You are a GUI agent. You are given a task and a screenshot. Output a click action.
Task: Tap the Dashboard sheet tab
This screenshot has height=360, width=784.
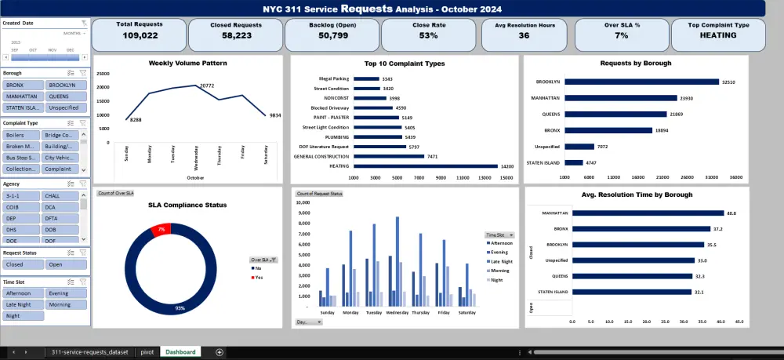(x=180, y=352)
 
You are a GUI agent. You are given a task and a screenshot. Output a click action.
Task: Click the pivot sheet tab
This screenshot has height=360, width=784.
(x=147, y=352)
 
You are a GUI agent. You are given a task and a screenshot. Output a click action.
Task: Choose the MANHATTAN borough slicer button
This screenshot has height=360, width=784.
(x=21, y=96)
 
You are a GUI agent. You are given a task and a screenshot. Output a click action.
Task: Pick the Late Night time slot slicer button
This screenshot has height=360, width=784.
(x=21, y=304)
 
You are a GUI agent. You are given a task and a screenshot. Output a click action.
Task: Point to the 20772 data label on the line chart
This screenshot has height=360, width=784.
(x=206, y=85)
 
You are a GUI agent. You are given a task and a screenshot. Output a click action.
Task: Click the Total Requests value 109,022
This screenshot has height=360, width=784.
(x=139, y=35)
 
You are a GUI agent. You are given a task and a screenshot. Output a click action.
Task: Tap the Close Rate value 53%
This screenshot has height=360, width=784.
(x=428, y=35)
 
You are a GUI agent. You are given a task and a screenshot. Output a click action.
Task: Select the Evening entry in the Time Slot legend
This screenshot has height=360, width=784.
(x=499, y=253)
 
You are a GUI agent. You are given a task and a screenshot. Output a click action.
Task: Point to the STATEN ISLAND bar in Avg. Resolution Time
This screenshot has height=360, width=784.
(x=631, y=292)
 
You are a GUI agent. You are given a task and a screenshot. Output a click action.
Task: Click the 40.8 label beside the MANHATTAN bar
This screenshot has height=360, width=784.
(x=731, y=213)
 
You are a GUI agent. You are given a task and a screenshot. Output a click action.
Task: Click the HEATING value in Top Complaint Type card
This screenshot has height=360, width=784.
(x=718, y=35)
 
